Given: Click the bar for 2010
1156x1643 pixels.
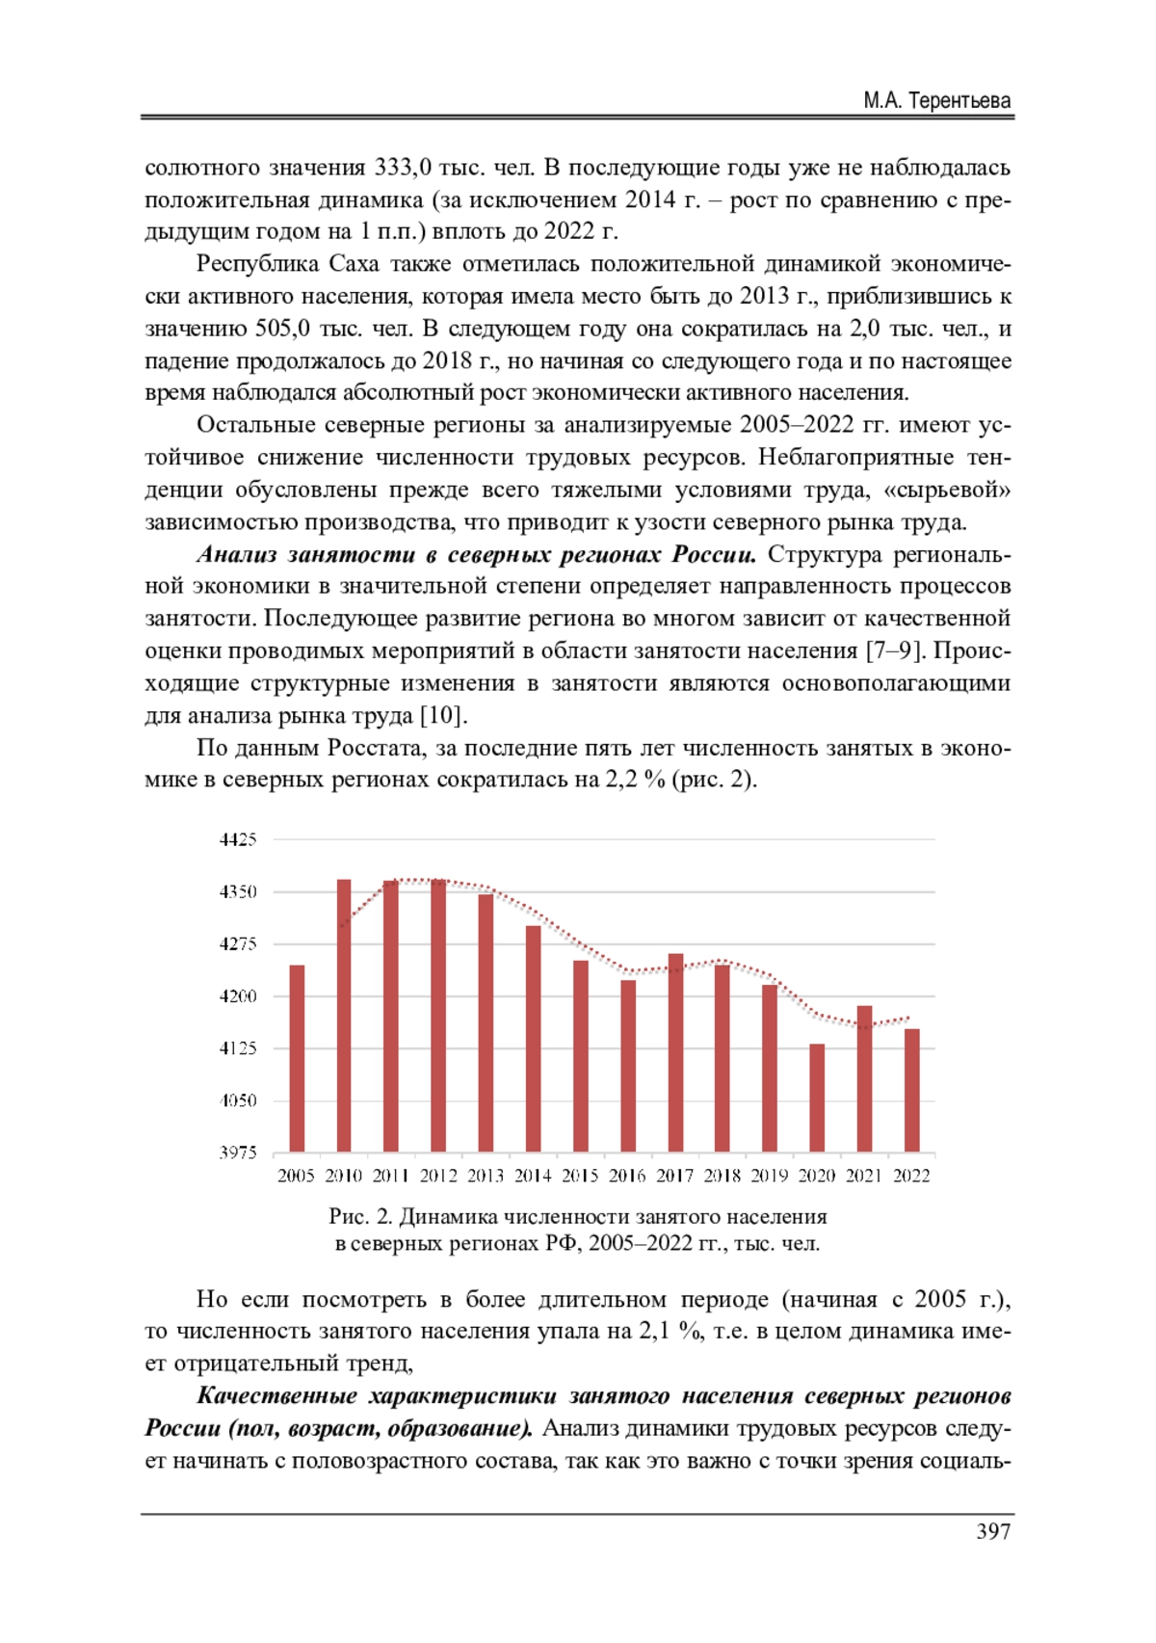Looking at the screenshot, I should point(344,1016).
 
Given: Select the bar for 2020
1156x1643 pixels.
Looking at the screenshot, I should point(817,1098).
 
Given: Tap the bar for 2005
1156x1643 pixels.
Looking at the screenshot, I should point(297,1058).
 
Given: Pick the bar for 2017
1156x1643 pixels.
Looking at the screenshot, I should point(675,1052).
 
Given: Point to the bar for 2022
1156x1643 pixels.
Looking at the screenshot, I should point(911,1090).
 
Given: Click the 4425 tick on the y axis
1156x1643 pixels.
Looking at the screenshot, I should point(238,839).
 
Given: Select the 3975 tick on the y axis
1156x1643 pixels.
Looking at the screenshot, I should point(238,1153).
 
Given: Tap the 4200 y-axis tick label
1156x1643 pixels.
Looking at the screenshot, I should point(238,996).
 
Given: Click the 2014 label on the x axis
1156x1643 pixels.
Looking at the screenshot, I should point(533,1176).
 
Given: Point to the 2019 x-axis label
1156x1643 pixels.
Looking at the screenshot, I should point(769,1176).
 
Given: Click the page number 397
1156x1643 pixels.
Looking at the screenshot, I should point(993,1531).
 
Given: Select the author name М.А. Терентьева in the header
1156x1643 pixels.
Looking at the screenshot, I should point(936,101).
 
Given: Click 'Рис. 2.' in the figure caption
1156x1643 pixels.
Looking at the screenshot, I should point(360,1216).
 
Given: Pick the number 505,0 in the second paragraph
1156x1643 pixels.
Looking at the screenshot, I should point(282,329).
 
